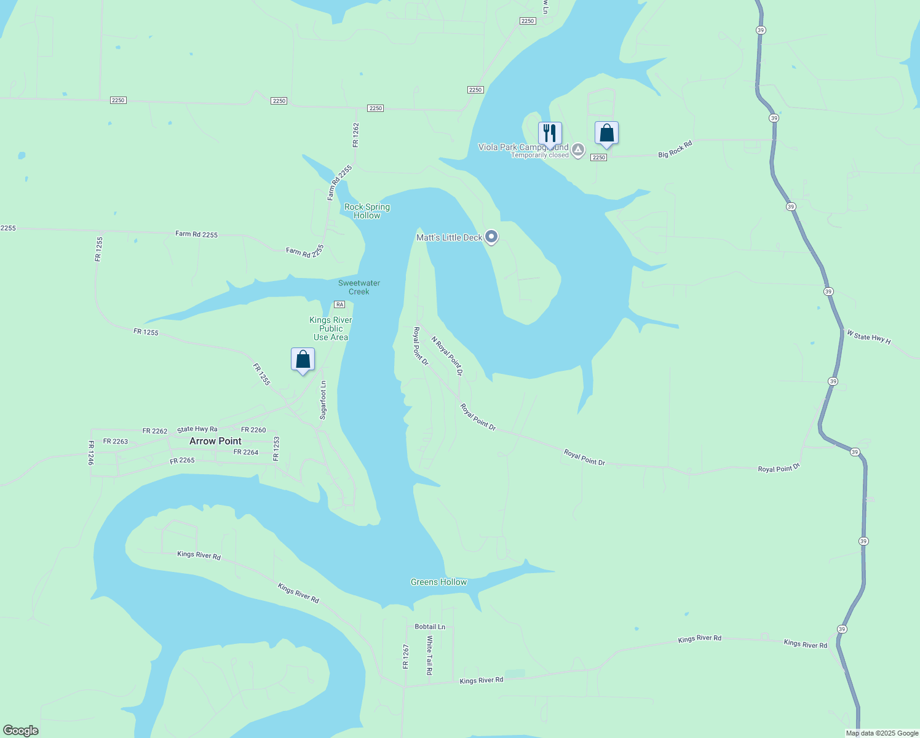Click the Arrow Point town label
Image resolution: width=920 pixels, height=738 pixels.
point(215,441)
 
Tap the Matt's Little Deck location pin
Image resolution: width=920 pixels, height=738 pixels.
point(491,237)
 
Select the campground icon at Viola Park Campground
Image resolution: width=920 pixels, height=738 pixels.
point(578,149)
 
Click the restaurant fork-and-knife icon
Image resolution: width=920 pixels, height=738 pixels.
point(550,133)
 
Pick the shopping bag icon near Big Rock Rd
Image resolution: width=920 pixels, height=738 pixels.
point(606,133)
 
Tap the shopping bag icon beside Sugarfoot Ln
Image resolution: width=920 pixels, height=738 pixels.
point(303,359)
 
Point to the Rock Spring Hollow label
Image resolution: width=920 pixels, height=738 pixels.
point(367,211)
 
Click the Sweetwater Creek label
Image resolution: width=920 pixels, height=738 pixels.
point(359,287)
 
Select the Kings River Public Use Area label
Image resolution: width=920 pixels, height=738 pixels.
point(331,328)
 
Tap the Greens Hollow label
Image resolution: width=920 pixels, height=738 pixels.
point(438,582)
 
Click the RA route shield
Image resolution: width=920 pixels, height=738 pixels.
point(339,304)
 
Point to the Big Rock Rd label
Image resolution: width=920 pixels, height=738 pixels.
point(675,149)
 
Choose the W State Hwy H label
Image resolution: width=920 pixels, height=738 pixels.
point(868,336)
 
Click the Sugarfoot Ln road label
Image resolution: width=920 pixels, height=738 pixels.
point(323,400)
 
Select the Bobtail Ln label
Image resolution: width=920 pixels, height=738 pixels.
point(430,627)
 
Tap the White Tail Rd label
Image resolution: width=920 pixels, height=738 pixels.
point(429,655)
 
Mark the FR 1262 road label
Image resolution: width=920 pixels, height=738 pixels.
point(355,135)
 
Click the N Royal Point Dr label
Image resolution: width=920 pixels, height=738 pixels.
point(446,355)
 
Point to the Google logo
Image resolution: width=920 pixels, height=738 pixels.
point(21,731)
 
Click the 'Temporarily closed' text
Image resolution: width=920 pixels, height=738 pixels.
point(540,155)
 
